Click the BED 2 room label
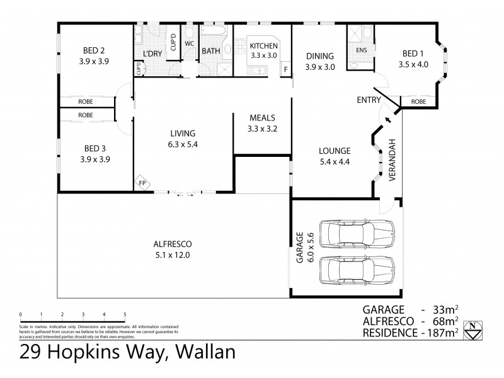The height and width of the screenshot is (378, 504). [93, 50]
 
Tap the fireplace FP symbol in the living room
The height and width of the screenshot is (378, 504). [141, 183]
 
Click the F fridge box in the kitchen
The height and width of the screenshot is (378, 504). [286, 69]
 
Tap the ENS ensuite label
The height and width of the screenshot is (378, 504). [362, 50]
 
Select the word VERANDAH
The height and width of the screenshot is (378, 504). [391, 160]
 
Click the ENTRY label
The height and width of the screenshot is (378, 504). [368, 100]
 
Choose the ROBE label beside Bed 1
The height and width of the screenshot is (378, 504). [418, 101]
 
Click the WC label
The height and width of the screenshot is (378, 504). [189, 44]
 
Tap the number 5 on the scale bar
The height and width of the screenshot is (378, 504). [125, 314]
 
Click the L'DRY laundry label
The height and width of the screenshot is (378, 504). [152, 54]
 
